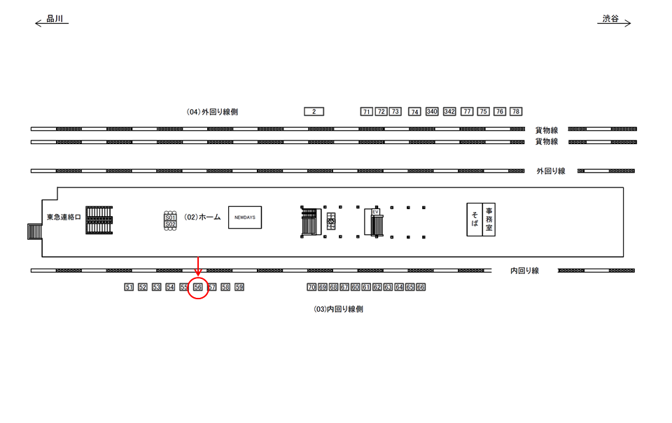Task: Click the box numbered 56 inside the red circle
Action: pyautogui.click(x=198, y=287)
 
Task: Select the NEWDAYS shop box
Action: pyautogui.click(x=245, y=217)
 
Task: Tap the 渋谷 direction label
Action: pyautogui.click(x=610, y=20)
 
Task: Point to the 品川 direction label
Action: pyautogui.click(x=55, y=20)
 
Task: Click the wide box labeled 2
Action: pyautogui.click(x=314, y=111)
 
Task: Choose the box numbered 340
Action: pyautogui.click(x=432, y=111)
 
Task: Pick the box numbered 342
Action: pyautogui.click(x=449, y=111)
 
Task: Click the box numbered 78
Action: pyautogui.click(x=516, y=111)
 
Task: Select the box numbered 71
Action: pyautogui.click(x=366, y=111)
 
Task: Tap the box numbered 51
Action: pyautogui.click(x=128, y=287)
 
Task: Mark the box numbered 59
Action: pyautogui.click(x=239, y=287)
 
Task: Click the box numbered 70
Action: pyautogui.click(x=311, y=287)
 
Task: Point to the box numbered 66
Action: pyautogui.click(x=421, y=287)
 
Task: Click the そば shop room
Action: pyautogui.click(x=475, y=219)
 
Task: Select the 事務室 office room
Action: pyautogui.click(x=489, y=219)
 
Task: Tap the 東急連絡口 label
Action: pyautogui.click(x=64, y=217)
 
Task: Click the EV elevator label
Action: pyautogui.click(x=375, y=211)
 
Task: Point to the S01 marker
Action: pyautogui.click(x=169, y=217)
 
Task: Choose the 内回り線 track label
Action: pyautogui.click(x=525, y=271)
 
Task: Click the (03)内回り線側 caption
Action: pyautogui.click(x=338, y=308)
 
